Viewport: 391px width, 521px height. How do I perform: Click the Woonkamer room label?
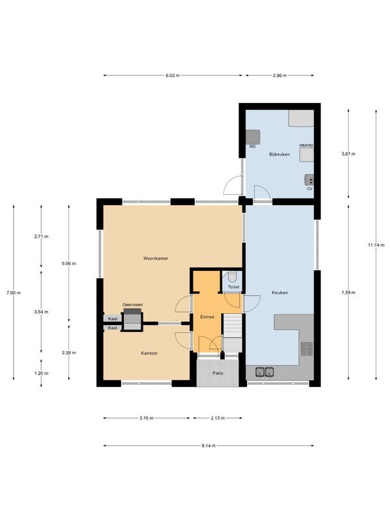click(156, 259)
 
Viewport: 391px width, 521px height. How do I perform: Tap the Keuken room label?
click(280, 292)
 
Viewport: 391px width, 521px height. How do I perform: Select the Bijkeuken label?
click(279, 154)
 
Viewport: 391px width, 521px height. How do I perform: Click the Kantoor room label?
click(149, 353)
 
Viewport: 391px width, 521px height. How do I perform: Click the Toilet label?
click(233, 287)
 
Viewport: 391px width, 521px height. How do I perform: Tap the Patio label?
click(217, 374)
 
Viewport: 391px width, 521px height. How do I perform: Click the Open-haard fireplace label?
click(132, 304)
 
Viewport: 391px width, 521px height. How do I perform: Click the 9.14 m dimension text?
click(209, 445)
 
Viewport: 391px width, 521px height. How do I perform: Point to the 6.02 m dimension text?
click(172, 76)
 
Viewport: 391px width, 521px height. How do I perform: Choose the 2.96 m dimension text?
click(280, 76)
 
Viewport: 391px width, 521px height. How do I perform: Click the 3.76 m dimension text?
click(145, 418)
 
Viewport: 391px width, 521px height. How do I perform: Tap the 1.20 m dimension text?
click(41, 374)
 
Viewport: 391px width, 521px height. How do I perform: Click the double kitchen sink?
click(265, 372)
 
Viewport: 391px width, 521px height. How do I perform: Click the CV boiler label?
click(310, 189)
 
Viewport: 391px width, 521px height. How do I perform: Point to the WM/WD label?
click(306, 145)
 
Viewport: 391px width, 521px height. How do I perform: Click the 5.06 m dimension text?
click(69, 264)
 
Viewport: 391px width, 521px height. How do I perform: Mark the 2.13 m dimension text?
click(218, 418)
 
